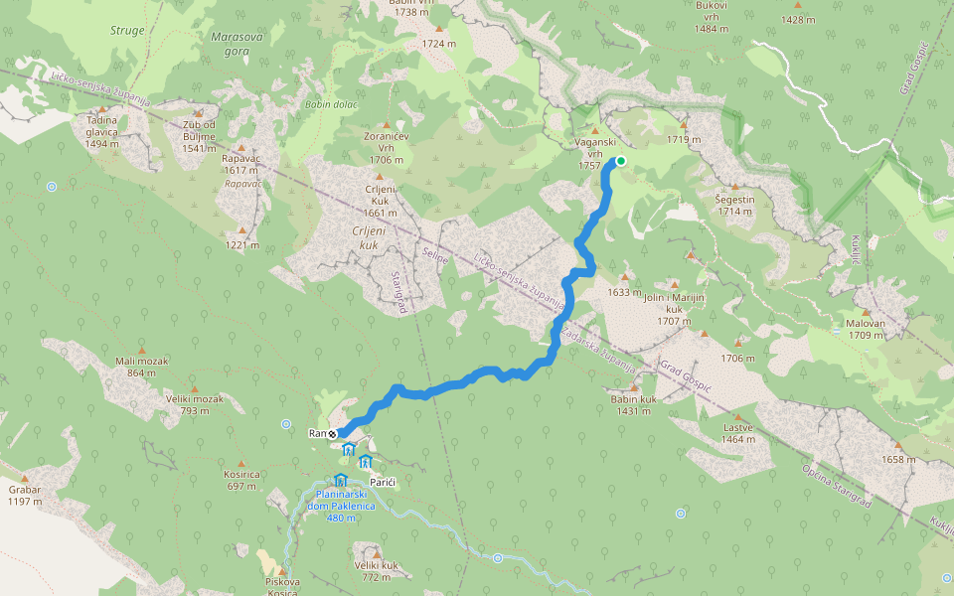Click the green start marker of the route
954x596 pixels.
point(621,160)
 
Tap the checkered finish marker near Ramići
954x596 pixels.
point(333,433)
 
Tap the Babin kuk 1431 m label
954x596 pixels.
point(634,405)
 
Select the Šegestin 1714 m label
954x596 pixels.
point(735,206)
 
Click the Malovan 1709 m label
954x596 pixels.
point(866,330)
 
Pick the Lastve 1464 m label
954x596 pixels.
point(738,432)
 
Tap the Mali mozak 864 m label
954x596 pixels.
point(141,367)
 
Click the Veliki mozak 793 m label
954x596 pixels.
point(195,404)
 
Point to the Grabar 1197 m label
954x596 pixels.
point(24,495)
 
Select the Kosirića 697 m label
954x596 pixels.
point(242,481)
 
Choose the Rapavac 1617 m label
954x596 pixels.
point(241,165)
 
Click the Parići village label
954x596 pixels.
point(384,482)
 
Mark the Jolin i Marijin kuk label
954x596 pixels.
point(674,304)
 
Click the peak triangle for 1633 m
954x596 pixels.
point(625,278)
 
